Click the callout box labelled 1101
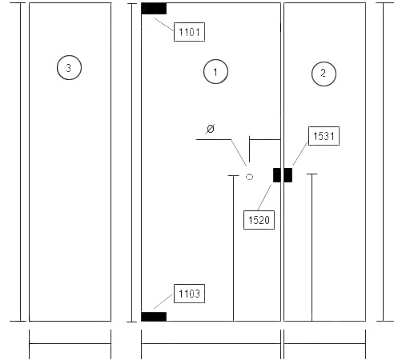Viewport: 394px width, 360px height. [x=189, y=32]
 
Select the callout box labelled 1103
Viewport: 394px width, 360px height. [x=189, y=294]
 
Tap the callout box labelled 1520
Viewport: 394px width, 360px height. [x=259, y=220]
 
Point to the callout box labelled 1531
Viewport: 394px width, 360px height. [x=324, y=136]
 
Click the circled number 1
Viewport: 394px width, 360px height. [x=215, y=71]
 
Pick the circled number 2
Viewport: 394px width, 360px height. [x=324, y=74]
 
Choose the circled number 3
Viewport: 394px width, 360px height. [x=69, y=67]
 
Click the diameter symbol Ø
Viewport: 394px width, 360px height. [x=211, y=129]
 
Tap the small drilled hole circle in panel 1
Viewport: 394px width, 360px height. [x=249, y=177]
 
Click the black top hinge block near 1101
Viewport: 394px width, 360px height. [x=154, y=9]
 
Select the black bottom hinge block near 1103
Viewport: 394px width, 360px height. [x=154, y=317]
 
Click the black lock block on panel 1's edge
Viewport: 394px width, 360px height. [x=277, y=175]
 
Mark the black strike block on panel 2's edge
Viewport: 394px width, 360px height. [x=288, y=175]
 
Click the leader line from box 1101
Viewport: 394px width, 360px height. [x=164, y=25]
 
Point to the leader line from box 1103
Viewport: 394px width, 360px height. [x=163, y=302]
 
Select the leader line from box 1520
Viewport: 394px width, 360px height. [x=265, y=198]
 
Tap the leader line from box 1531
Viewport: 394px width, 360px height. [x=300, y=154]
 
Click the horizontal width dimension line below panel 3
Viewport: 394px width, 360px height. [x=70, y=343]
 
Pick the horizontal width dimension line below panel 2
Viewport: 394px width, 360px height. [x=324, y=343]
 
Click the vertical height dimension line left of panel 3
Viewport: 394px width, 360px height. [x=21, y=162]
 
